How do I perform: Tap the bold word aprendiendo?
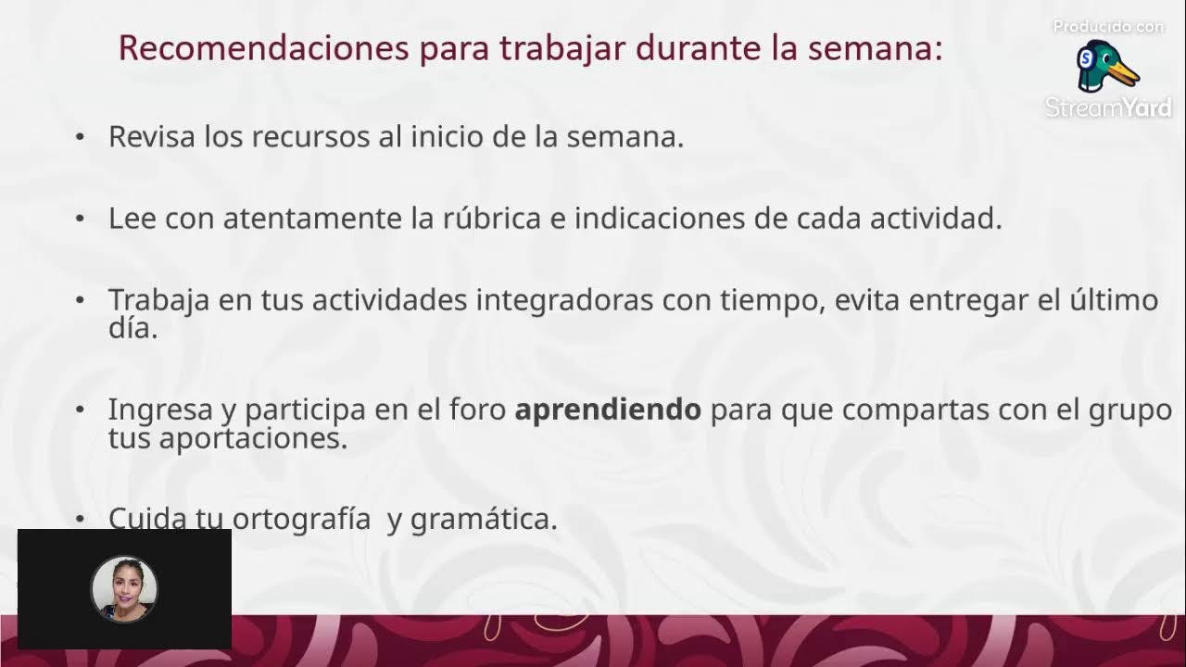pyautogui.click(x=608, y=409)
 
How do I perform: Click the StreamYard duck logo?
pyautogui.click(x=1107, y=66)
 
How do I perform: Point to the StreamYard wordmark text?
pyautogui.click(x=1108, y=107)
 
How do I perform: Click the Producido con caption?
pyautogui.click(x=1108, y=27)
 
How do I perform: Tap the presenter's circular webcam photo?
pyautogui.click(x=124, y=588)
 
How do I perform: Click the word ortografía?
pyautogui.click(x=301, y=519)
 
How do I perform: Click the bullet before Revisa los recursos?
pyautogui.click(x=80, y=137)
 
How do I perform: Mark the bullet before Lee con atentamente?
pyautogui.click(x=80, y=220)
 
